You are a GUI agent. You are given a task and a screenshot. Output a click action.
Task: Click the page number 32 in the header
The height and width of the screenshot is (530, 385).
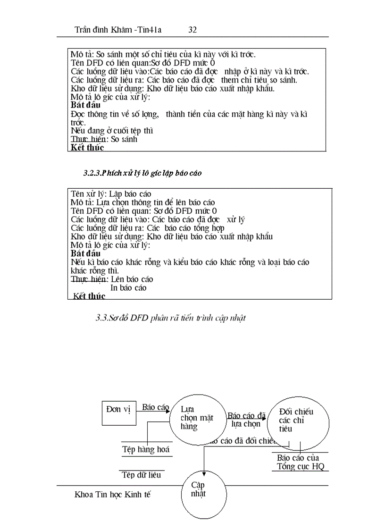192,30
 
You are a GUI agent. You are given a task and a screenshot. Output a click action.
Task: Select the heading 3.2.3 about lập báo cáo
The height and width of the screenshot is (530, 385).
142,173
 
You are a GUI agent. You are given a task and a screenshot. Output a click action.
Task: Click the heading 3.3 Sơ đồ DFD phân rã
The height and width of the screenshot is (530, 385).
170,318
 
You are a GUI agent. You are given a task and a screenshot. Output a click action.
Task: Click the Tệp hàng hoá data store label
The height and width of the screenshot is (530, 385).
146,450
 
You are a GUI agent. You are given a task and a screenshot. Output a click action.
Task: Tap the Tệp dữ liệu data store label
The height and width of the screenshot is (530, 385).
142,475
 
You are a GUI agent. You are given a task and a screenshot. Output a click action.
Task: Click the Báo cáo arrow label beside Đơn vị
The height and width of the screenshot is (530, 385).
155,407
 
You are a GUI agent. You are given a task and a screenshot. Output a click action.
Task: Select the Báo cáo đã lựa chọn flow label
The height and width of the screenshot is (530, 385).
246,420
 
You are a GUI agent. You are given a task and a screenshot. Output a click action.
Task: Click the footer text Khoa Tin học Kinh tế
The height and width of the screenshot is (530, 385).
112,495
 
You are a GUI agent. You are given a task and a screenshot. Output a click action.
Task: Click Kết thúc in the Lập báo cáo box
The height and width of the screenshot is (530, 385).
89,296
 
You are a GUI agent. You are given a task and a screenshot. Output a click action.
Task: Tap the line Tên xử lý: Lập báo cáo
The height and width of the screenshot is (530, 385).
111,194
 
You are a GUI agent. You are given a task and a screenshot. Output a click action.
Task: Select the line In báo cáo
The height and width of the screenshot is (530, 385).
128,288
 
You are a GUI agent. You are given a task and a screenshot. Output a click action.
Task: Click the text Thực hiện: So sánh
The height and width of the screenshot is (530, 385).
104,139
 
